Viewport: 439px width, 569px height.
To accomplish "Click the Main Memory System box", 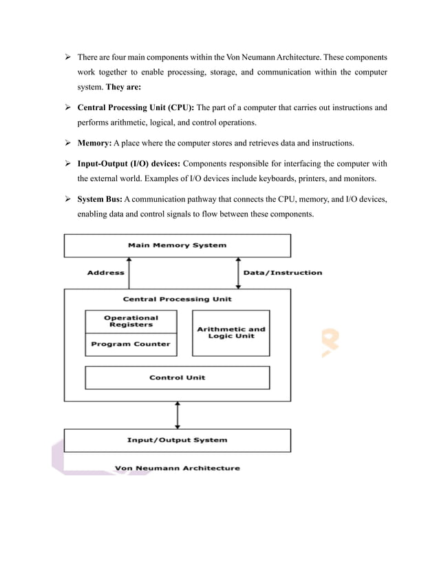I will tap(177, 245).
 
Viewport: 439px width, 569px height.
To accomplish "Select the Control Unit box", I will tap(177, 377).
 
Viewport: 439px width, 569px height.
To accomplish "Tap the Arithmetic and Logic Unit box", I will tap(231, 333).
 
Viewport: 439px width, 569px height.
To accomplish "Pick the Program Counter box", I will tap(131, 344).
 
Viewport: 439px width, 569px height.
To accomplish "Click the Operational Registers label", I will tap(131, 321).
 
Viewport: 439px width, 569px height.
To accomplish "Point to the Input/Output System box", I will tap(177, 439).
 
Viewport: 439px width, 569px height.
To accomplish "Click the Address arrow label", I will tap(105, 273).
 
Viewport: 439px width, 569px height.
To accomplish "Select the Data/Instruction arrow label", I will tap(282, 273).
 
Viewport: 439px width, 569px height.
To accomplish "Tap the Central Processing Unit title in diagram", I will tap(177, 299).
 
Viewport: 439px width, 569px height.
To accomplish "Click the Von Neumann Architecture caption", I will tap(177, 468).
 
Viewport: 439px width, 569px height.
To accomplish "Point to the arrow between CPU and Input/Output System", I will tap(178, 415).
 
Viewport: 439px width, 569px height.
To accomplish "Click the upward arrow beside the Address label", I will tap(129, 273).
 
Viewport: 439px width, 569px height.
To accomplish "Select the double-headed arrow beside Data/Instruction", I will tap(237, 273).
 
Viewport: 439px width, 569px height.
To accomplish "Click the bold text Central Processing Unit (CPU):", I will tap(136, 108).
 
